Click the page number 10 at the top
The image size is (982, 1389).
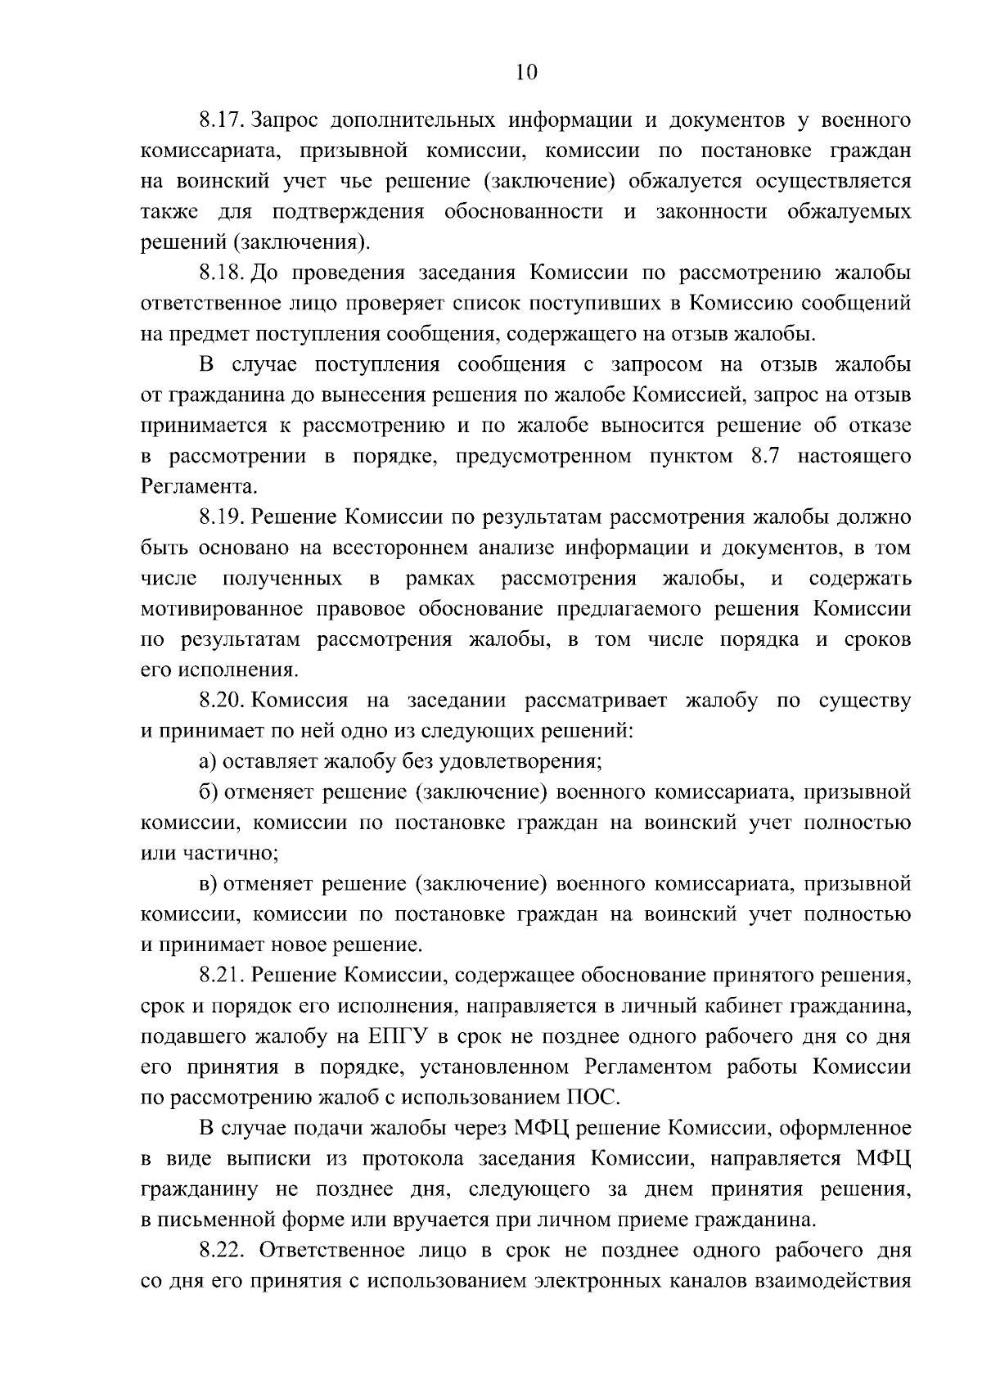526,73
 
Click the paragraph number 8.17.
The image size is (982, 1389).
223,121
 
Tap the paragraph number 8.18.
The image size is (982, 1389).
223,273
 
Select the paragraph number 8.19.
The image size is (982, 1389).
223,517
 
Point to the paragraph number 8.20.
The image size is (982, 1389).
223,701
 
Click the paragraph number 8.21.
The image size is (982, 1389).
223,976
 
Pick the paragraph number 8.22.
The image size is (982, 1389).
224,1251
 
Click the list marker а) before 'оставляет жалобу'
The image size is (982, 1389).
208,762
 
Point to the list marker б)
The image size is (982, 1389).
208,792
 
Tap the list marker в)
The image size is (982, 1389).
208,884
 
